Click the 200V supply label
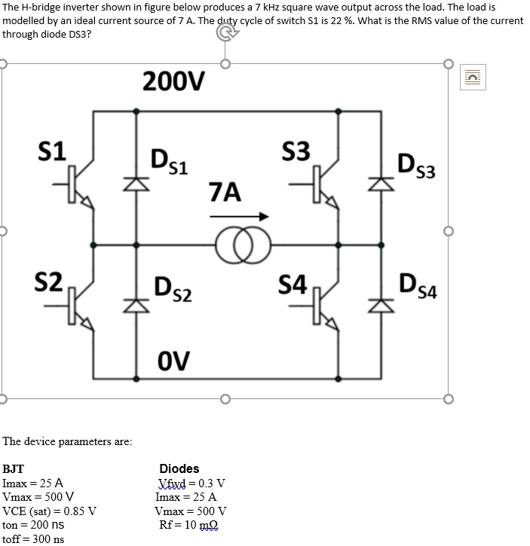(x=172, y=80)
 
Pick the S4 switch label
(x=292, y=285)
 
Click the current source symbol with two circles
(x=237, y=245)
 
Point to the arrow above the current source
(x=239, y=217)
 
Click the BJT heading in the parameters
(x=13, y=468)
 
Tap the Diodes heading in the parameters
(x=179, y=468)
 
